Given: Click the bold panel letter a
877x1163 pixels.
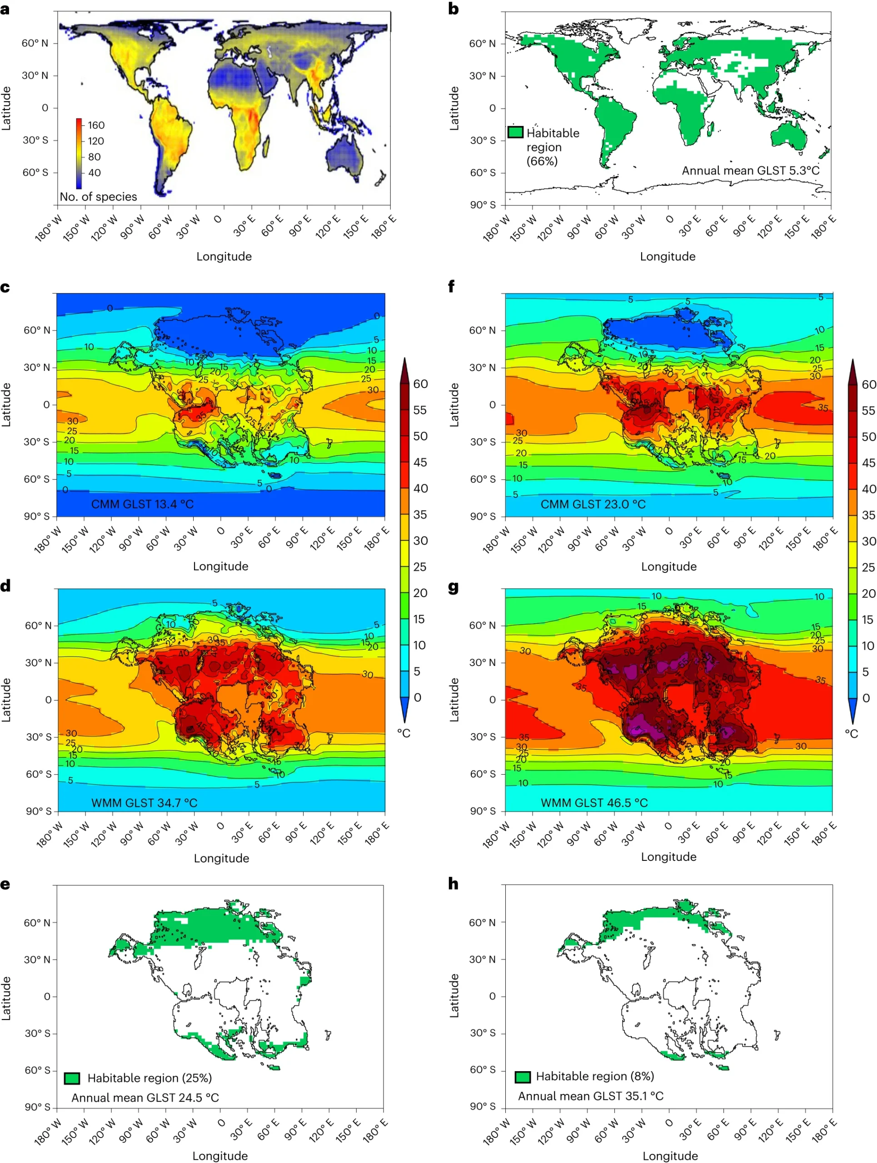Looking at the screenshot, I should click(5, 9).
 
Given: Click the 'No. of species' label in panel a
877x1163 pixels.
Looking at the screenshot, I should click(98, 197).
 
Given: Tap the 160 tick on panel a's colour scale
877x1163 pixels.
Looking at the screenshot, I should click(96, 125).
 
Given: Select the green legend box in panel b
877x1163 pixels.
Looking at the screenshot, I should click(515, 132).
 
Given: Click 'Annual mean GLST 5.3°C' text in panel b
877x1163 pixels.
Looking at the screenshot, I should click(750, 170).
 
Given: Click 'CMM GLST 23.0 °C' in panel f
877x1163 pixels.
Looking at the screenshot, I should click(593, 504).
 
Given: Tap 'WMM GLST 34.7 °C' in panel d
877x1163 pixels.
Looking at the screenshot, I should click(144, 803).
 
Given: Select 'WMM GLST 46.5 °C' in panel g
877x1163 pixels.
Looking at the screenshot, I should click(594, 803).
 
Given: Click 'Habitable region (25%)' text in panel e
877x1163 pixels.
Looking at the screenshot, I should click(149, 1078).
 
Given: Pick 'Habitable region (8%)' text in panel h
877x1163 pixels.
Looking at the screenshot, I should click(595, 1076).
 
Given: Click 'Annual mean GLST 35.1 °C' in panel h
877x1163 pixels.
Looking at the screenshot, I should click(590, 1096).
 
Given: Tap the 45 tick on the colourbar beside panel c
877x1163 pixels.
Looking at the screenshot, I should click(419, 462).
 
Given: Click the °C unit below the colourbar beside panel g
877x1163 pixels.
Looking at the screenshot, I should click(851, 733).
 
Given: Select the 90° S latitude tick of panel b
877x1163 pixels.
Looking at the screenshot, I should click(483, 204).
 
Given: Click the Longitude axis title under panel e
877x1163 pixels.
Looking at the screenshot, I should click(220, 1156).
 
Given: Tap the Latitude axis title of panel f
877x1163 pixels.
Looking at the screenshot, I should click(454, 405).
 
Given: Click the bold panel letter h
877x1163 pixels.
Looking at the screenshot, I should click(453, 885).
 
